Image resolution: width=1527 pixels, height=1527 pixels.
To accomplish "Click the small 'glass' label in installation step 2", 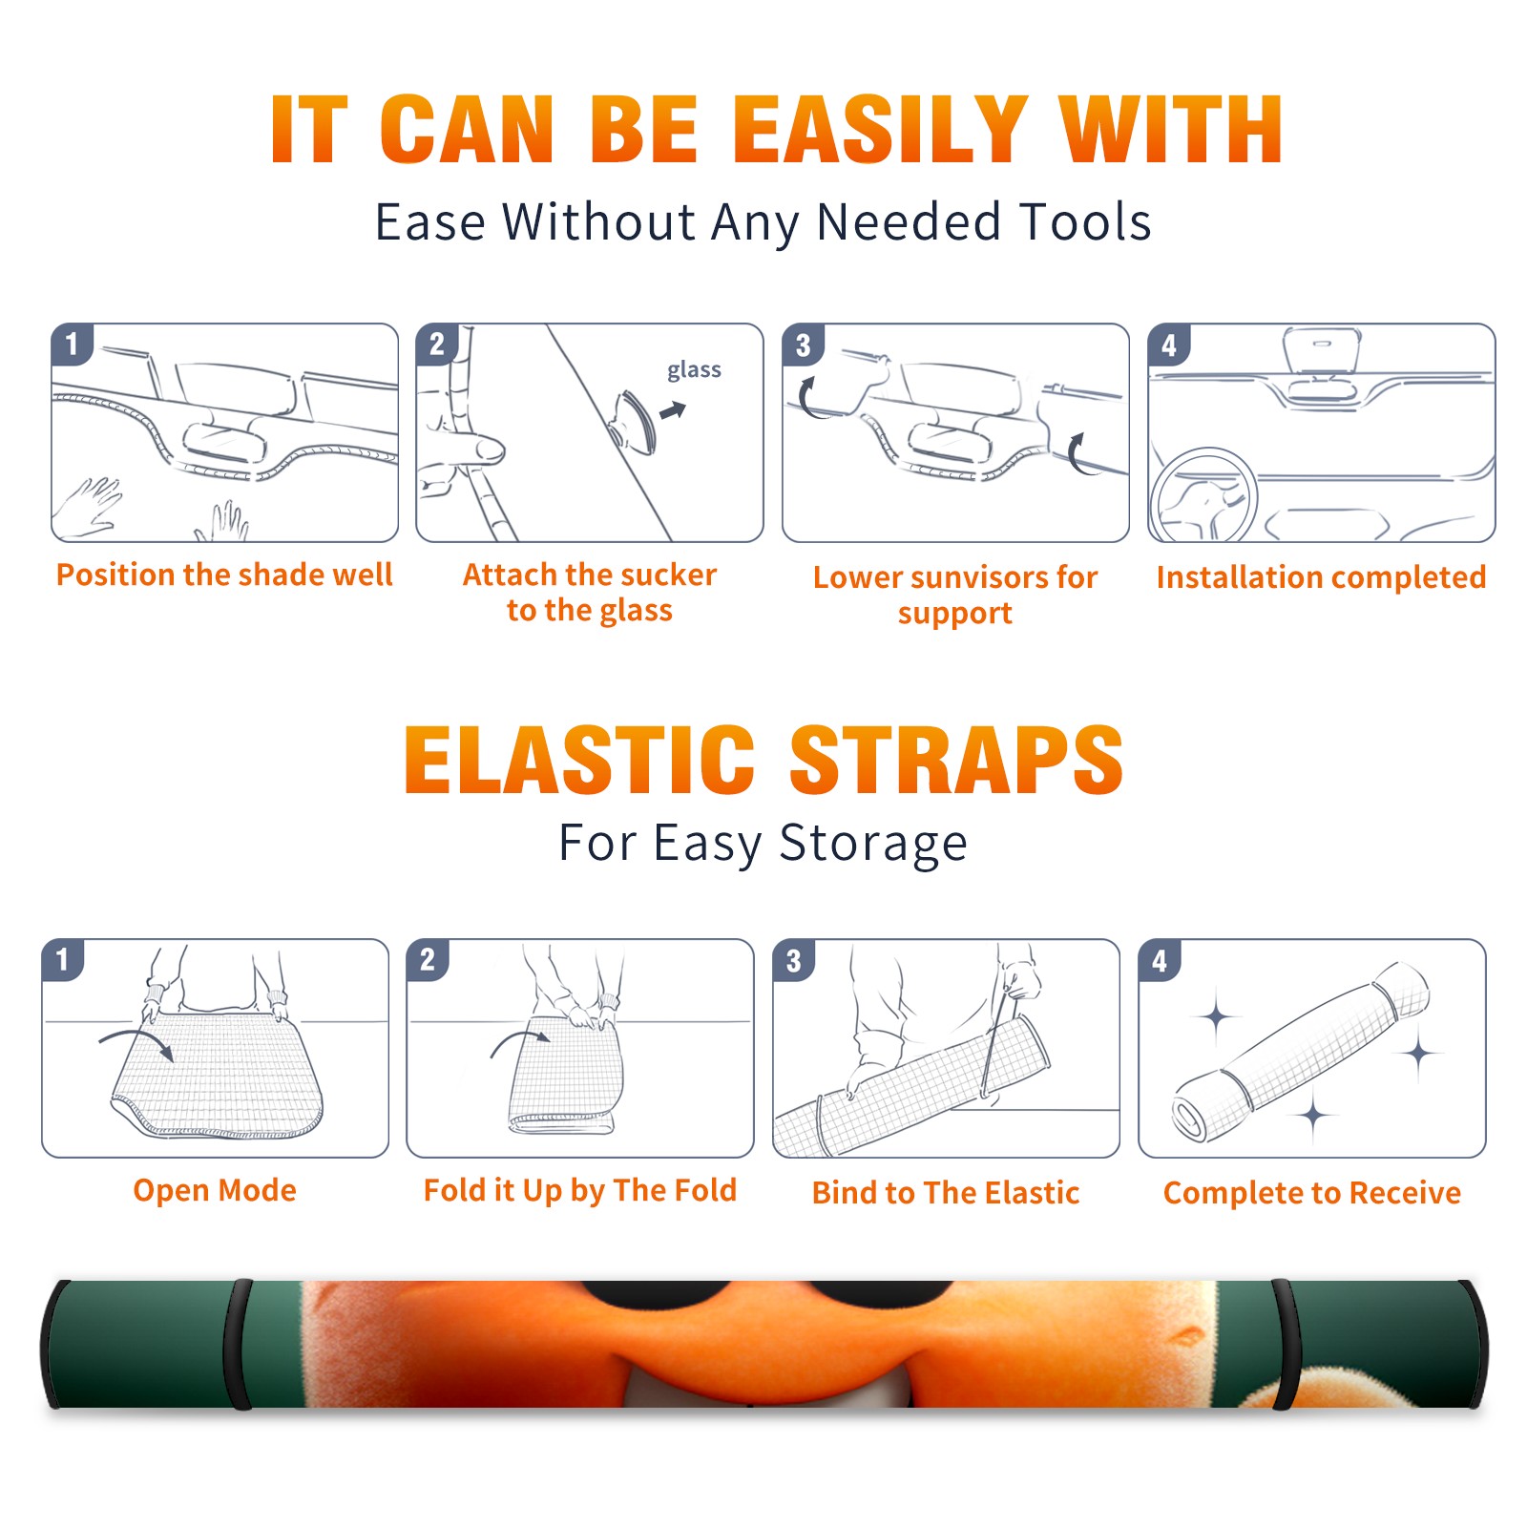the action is (x=694, y=370).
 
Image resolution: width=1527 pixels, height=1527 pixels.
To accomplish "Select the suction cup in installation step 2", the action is (x=633, y=421).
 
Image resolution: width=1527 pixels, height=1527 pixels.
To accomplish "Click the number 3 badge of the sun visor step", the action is (x=803, y=345).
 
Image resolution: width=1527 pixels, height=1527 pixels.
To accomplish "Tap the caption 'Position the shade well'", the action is (x=224, y=575).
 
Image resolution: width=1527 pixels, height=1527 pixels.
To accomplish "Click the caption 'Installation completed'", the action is (x=1321, y=577).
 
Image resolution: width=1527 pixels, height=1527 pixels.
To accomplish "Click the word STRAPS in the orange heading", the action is (x=956, y=760).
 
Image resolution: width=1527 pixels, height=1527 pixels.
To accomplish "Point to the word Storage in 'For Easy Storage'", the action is (x=873, y=844).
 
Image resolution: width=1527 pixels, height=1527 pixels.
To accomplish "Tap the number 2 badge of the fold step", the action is (x=427, y=959).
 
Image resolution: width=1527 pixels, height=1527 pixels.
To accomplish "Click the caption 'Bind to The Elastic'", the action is (x=945, y=1193).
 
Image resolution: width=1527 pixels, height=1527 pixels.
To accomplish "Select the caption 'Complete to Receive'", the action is (x=1312, y=1193).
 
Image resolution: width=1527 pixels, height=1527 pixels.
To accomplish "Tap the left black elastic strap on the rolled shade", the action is (x=239, y=1345).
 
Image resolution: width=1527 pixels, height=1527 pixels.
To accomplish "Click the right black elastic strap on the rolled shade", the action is (x=1286, y=1345).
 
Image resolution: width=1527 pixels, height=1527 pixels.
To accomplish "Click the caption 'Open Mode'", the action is (x=215, y=1190).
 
